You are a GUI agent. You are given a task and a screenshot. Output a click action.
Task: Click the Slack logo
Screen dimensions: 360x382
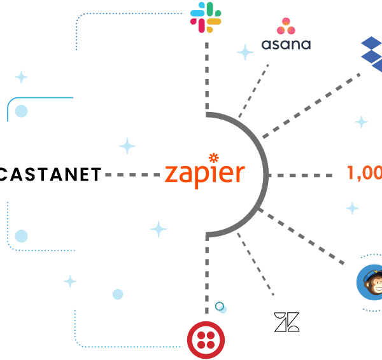tap(206, 17)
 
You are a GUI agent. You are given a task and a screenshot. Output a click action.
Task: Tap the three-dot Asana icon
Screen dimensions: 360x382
tap(286, 27)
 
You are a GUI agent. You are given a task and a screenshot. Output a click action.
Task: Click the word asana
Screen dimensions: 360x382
tap(286, 45)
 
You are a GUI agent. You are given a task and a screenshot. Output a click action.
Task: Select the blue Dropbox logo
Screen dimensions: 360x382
tap(372, 55)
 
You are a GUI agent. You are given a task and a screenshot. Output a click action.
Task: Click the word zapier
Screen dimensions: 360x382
tap(204, 173)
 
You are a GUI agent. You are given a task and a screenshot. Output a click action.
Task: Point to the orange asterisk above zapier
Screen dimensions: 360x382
tap(213, 156)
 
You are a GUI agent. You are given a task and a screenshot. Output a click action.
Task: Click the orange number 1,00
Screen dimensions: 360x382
tap(364, 173)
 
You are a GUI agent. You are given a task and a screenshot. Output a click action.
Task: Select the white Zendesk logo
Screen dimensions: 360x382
tap(286, 322)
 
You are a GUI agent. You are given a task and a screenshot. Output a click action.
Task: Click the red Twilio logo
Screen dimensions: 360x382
tap(206, 338)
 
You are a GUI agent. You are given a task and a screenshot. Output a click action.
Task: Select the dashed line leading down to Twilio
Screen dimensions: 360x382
tap(206, 273)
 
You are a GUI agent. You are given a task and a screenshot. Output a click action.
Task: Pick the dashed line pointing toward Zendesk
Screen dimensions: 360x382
tap(255, 265)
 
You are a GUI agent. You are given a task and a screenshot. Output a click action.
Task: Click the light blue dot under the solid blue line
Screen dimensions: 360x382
tap(21, 111)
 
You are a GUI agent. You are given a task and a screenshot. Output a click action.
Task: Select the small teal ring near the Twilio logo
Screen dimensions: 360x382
tap(220, 307)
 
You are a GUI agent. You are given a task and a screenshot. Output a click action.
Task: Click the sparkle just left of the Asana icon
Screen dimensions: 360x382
tap(245, 52)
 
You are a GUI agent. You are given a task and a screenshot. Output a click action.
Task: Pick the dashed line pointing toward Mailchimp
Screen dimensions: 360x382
tap(303, 236)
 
